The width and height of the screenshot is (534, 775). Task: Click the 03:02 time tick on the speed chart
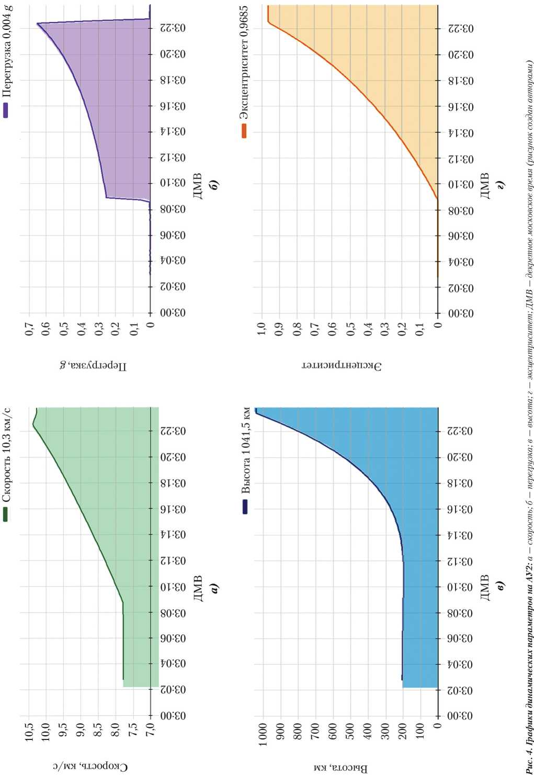coord(173,690)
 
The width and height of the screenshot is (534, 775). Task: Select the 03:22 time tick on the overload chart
coord(173,28)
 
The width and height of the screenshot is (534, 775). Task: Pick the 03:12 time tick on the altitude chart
coord(461,561)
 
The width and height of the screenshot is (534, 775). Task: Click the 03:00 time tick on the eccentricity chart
coord(461,313)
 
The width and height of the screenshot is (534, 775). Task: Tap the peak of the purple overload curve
coord(38,24)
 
